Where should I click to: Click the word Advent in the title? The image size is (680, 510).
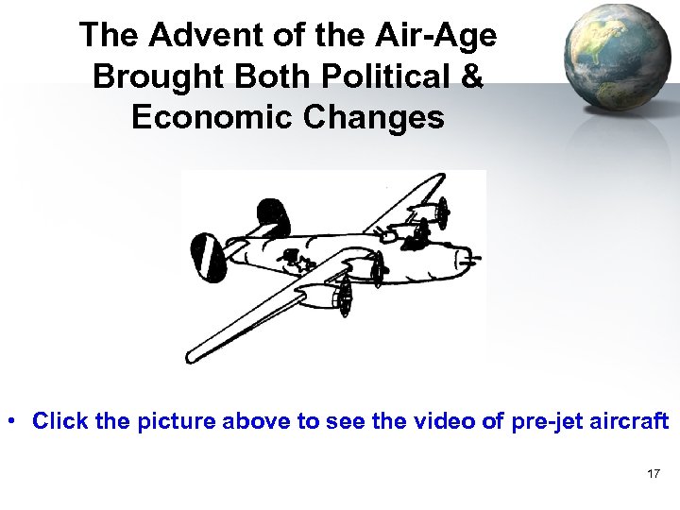click(187, 35)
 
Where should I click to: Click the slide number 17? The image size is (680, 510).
click(654, 473)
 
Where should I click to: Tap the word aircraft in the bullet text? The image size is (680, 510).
click(632, 421)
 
